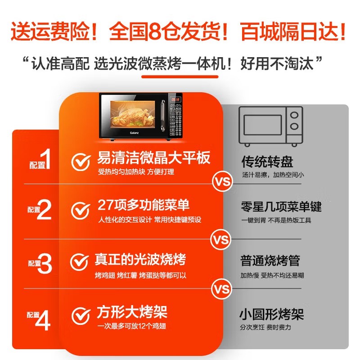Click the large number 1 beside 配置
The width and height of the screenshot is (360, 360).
point(46,159)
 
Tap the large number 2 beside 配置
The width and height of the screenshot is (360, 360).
point(44,209)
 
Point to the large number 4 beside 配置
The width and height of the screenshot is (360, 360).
point(43,320)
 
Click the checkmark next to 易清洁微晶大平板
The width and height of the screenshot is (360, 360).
point(81,162)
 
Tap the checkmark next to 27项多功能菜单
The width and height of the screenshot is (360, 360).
point(81,211)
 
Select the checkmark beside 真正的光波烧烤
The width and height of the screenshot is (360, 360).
point(80,262)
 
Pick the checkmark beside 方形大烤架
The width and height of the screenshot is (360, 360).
point(81,316)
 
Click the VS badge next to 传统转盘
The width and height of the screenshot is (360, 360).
point(222,182)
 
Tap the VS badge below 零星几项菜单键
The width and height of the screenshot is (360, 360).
point(221,240)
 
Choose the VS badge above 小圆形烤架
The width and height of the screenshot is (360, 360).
point(221,289)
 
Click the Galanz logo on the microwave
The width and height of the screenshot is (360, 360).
point(134,133)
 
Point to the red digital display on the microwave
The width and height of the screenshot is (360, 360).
point(175,99)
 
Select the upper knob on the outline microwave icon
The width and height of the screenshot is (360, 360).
point(294,115)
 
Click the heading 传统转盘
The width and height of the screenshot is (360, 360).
point(267,162)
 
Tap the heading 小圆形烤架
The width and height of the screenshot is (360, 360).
point(272,314)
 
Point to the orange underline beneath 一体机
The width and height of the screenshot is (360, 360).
point(180,76)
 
